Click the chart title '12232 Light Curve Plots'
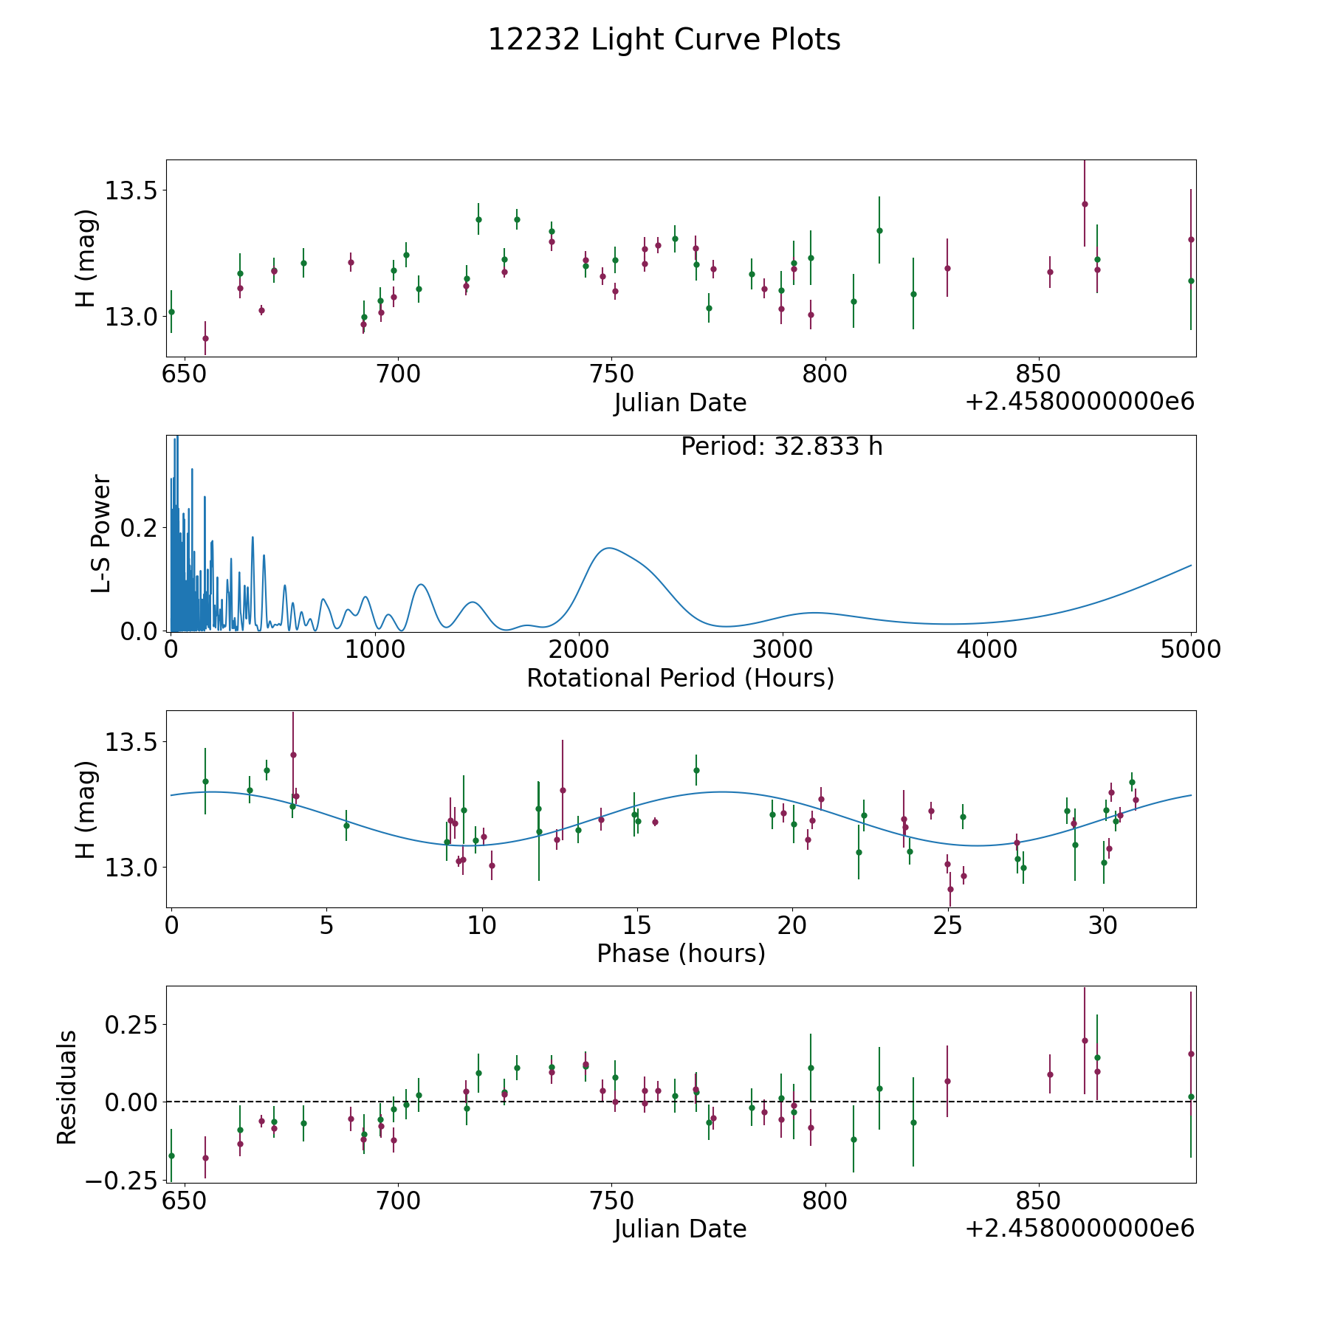664,40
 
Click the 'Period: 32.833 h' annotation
781,447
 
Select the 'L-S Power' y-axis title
101,534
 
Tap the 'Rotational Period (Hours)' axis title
680,678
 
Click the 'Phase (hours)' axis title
681,953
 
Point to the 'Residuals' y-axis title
66,1087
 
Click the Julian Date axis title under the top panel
680,402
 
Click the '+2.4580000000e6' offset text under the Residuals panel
1079,1228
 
